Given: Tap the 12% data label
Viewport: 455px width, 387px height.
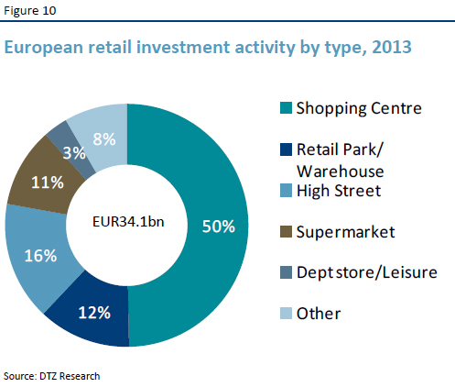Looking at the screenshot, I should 94,313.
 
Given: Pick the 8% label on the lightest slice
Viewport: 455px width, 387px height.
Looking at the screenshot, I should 103,138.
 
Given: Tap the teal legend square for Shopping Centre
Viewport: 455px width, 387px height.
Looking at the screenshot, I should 285,108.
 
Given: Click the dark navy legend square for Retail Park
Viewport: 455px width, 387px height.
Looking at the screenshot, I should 285,149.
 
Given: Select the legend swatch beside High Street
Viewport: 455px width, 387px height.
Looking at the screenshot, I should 285,191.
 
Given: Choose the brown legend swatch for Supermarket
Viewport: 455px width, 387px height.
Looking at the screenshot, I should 285,232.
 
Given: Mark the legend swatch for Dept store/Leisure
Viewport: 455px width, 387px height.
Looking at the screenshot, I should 285,272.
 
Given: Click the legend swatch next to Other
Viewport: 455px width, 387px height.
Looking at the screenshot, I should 285,314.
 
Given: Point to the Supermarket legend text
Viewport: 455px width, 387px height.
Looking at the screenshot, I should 345,232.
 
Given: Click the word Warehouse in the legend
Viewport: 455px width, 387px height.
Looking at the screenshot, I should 340,171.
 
